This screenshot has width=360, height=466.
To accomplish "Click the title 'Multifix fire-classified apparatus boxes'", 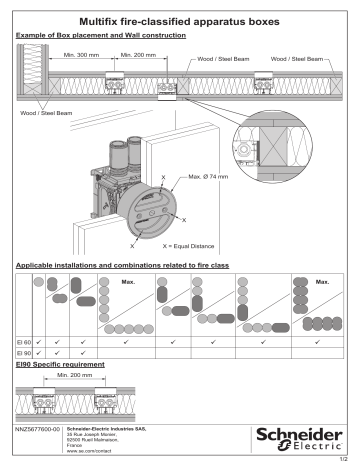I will [x=179, y=19].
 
